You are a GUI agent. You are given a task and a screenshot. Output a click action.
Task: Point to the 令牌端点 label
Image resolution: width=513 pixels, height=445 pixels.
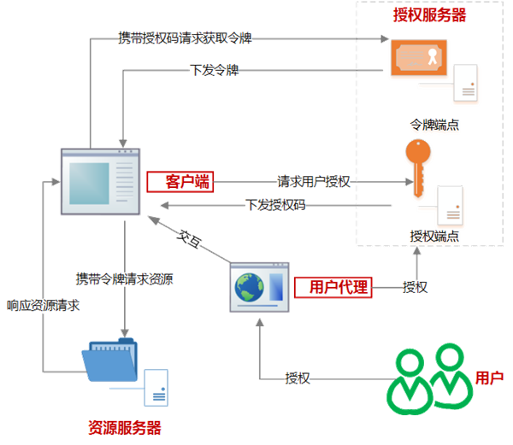(434, 125)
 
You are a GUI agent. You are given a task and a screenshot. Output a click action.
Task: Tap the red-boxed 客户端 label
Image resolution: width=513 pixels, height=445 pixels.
(180, 181)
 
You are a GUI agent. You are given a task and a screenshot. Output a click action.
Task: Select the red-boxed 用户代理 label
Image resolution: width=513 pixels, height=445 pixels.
(333, 287)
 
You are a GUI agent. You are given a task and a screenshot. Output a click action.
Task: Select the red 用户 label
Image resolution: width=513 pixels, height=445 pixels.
(488, 376)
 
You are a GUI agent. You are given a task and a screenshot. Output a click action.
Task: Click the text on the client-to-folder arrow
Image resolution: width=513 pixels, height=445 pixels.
(126, 278)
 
